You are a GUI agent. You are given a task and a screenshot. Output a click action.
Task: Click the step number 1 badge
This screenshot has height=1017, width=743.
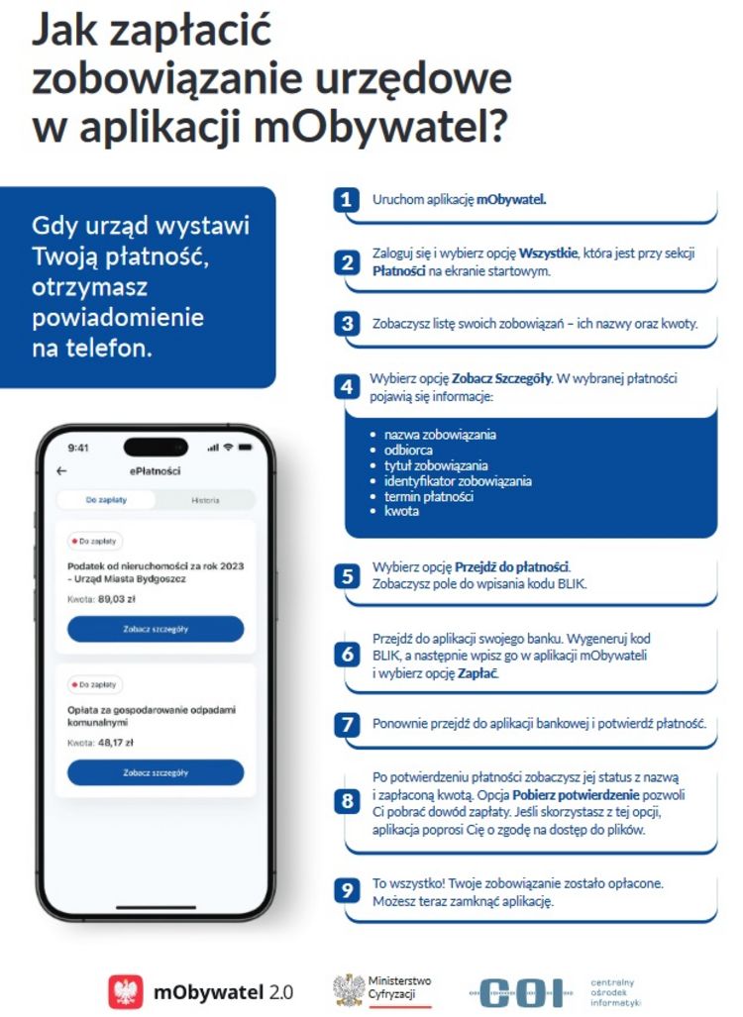[x=345, y=200]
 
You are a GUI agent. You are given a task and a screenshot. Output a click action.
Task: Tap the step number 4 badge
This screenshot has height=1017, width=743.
[x=346, y=387]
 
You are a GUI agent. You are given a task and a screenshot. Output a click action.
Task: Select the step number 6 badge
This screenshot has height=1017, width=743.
[x=347, y=655]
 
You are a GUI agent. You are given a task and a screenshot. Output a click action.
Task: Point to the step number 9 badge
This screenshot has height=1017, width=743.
[x=347, y=891]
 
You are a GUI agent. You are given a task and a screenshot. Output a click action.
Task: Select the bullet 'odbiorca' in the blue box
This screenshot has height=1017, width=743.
[x=408, y=450]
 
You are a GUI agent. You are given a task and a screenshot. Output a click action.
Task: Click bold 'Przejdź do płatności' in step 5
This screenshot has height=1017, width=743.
[x=512, y=567]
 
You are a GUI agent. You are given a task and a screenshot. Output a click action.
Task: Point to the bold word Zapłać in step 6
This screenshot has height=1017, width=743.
[x=478, y=673]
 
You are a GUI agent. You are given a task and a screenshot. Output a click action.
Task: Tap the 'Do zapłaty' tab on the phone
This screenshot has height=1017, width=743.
[x=106, y=500]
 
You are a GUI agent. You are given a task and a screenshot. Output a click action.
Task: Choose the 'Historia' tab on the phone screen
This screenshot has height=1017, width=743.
[x=205, y=500]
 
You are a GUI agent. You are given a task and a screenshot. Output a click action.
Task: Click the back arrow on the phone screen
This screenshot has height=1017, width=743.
[x=62, y=471]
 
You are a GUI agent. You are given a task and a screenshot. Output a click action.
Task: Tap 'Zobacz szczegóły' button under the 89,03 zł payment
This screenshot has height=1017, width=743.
[x=156, y=629]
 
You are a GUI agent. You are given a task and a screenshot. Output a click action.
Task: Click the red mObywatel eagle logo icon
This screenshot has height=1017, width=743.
[x=126, y=991]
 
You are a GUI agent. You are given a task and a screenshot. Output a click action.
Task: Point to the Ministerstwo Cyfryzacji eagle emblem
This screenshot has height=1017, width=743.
[x=348, y=989]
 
